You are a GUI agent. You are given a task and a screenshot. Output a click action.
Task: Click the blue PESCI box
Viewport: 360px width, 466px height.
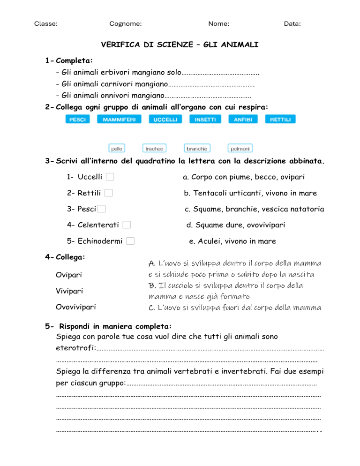click(77, 120)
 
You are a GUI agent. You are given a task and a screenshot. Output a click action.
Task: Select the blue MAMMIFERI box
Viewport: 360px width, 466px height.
click(119, 120)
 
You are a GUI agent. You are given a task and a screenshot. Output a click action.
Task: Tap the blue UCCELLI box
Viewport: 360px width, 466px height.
click(165, 120)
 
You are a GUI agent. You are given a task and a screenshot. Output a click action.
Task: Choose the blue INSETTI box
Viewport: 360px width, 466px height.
click(205, 120)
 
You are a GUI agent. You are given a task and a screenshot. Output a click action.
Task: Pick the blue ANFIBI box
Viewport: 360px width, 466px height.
click(243, 120)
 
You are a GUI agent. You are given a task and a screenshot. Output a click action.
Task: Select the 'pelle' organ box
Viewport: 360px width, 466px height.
click(117, 149)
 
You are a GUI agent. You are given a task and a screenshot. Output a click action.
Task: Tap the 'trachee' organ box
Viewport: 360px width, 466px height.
click(154, 149)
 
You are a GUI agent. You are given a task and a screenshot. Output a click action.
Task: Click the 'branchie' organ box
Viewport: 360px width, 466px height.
click(197, 149)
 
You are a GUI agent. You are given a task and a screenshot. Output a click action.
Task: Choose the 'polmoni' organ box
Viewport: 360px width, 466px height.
click(240, 149)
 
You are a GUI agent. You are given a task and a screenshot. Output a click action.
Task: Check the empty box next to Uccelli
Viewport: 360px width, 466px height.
click(110, 177)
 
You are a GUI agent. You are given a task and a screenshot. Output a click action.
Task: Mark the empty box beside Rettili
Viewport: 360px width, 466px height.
click(108, 193)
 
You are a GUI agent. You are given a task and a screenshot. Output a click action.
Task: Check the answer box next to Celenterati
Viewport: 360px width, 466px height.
click(127, 225)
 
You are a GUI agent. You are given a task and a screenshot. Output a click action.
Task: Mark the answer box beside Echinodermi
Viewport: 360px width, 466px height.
click(130, 241)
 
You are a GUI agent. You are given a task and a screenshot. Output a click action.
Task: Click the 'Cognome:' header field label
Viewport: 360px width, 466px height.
click(126, 23)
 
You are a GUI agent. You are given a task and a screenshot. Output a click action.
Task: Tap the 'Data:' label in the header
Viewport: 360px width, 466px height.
click(292, 23)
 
